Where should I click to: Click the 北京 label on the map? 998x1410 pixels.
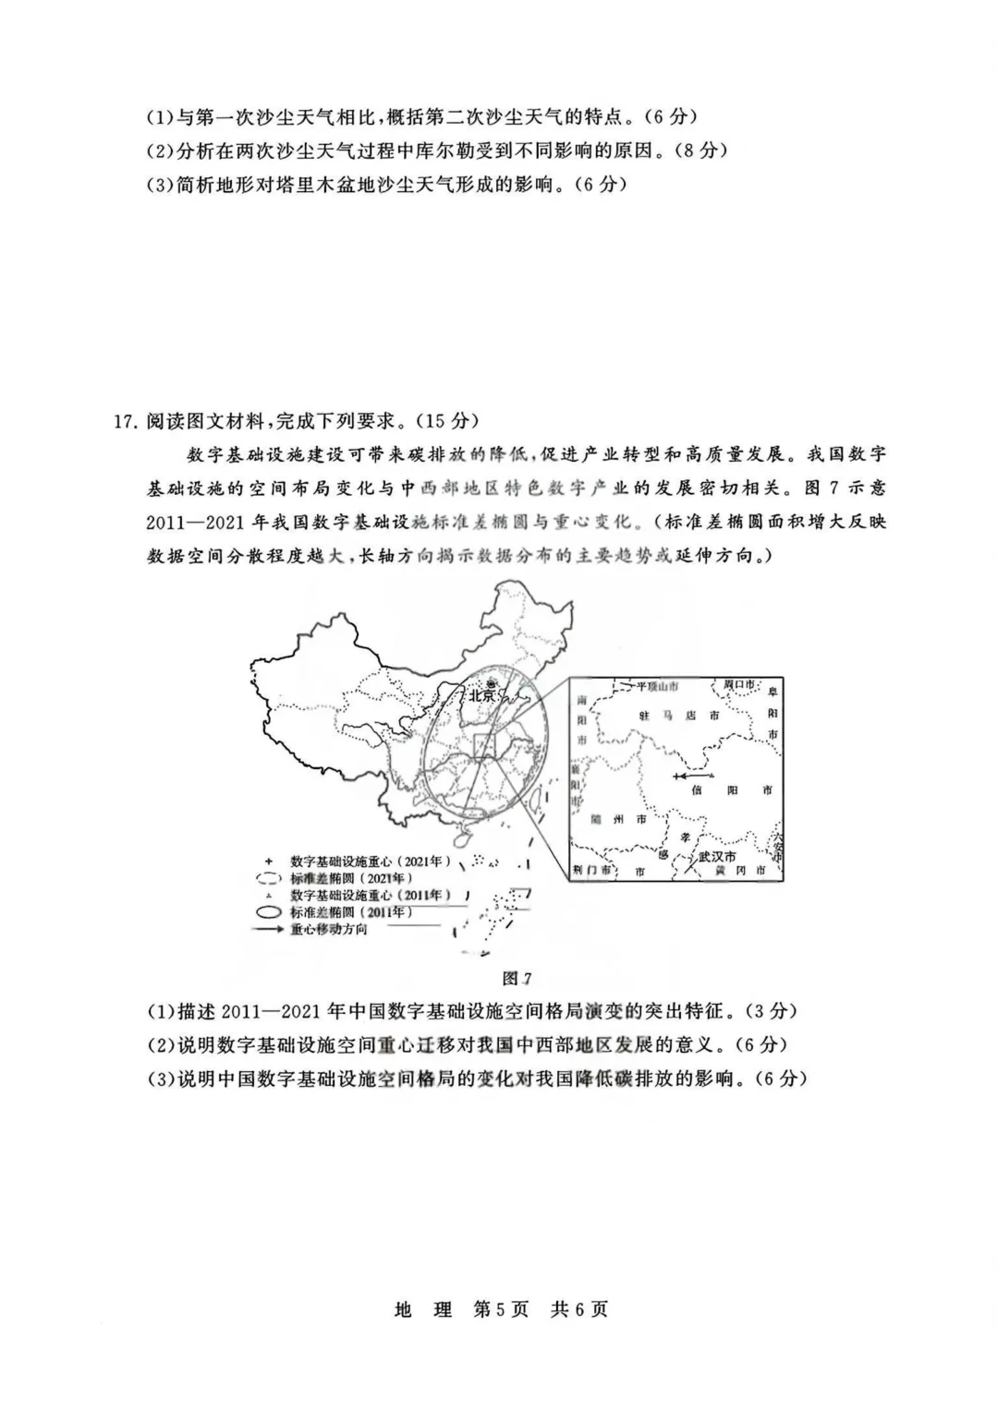click(482, 696)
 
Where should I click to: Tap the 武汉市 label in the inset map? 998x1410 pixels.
click(717, 856)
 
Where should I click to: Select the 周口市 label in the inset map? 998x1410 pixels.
click(739, 684)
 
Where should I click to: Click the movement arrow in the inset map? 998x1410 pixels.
click(693, 775)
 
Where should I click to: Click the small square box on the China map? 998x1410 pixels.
click(485, 746)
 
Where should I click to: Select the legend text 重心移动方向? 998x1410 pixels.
click(329, 930)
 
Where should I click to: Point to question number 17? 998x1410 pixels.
click(124, 421)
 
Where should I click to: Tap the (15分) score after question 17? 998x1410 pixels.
click(447, 421)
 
